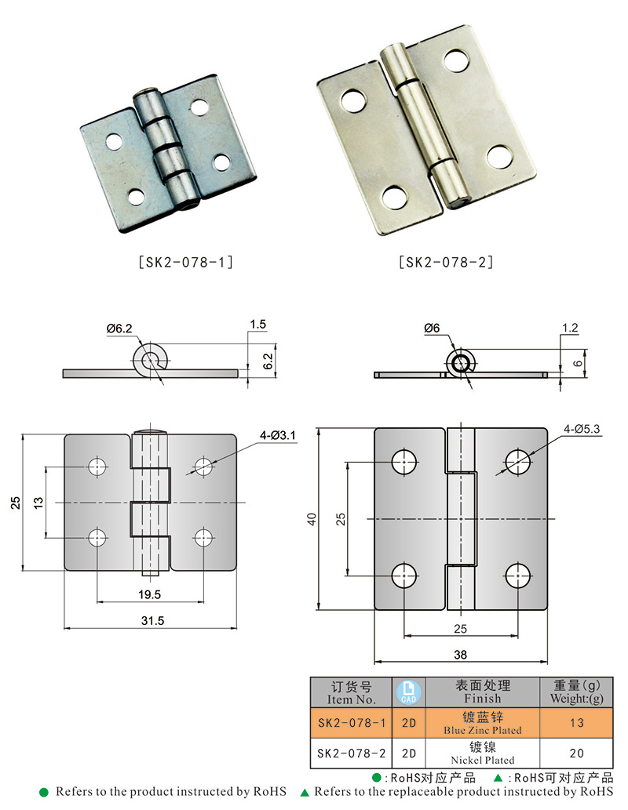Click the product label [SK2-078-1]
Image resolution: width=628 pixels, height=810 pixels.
pyautogui.click(x=186, y=263)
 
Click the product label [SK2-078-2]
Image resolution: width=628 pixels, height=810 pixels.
pyautogui.click(x=446, y=263)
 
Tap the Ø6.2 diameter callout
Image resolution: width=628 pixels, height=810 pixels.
pyautogui.click(x=119, y=329)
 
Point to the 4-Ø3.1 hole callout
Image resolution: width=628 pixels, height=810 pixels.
pyautogui.click(x=278, y=435)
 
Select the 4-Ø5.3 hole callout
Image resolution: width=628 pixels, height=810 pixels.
pyautogui.click(x=582, y=429)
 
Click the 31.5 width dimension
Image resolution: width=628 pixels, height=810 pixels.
pyautogui.click(x=152, y=620)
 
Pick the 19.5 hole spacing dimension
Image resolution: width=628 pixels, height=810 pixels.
pyautogui.click(x=149, y=594)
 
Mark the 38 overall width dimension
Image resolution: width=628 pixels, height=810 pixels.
pyautogui.click(x=460, y=655)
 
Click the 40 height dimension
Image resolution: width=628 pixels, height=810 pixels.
pyautogui.click(x=312, y=519)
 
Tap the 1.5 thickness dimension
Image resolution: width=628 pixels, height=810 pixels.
pyautogui.click(x=257, y=325)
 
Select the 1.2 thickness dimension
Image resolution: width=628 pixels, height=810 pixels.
pyautogui.click(x=570, y=328)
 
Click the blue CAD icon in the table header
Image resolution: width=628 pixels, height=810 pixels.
pyautogui.click(x=409, y=692)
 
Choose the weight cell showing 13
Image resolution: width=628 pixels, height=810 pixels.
pyautogui.click(x=576, y=723)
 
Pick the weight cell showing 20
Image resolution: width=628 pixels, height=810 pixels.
pyautogui.click(x=576, y=754)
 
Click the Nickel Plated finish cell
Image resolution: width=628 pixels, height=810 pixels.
pyautogui.click(x=483, y=754)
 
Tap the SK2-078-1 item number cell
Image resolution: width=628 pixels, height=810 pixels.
pyautogui.click(x=352, y=723)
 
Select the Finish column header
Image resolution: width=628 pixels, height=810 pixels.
pyautogui.click(x=483, y=692)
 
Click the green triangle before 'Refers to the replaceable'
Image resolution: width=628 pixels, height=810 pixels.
pyautogui.click(x=305, y=793)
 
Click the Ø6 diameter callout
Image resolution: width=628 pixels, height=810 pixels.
pyautogui.click(x=432, y=328)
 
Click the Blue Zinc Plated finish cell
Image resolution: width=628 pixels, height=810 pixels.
pyautogui.click(x=483, y=723)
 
